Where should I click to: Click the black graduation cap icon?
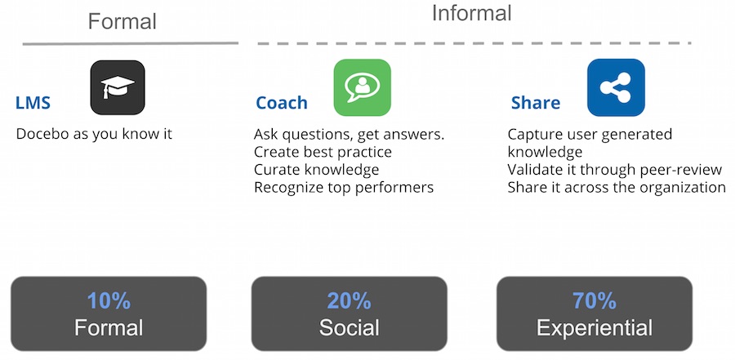[118, 87]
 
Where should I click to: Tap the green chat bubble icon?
[363, 87]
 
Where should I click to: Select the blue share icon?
[616, 87]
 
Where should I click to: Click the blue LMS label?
[33, 103]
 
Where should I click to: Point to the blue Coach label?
[282, 103]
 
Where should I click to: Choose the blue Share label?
[536, 103]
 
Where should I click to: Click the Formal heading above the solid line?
[122, 21]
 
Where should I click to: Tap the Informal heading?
[471, 13]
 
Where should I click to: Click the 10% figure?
[109, 301]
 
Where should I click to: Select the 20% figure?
[350, 301]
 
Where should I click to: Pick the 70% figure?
[595, 301]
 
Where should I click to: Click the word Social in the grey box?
[350, 327]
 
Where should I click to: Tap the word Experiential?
[595, 327]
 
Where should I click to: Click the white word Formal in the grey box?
[109, 327]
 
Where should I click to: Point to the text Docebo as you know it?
[94, 134]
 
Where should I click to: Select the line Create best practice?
[323, 152]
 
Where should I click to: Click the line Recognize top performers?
[344, 188]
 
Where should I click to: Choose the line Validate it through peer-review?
[615, 170]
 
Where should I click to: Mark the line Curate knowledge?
[316, 170]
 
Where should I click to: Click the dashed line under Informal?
[474, 43]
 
